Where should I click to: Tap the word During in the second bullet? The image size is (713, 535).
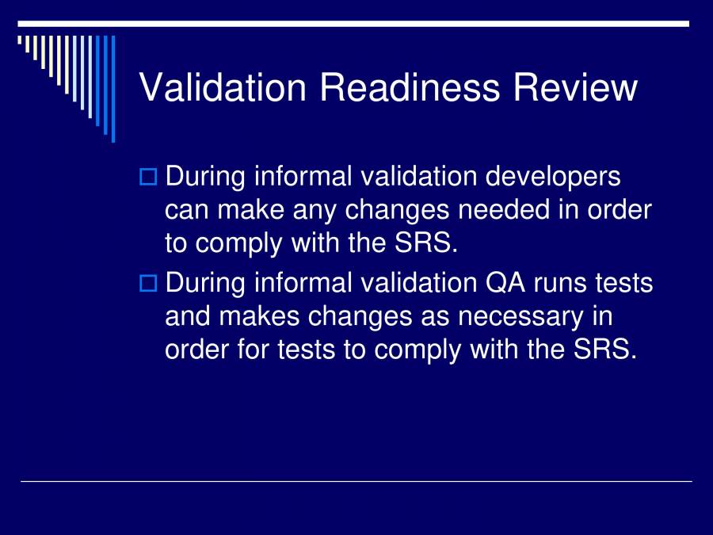pyautogui.click(x=205, y=282)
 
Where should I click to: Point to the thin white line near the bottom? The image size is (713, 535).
pyautogui.click(x=356, y=481)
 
